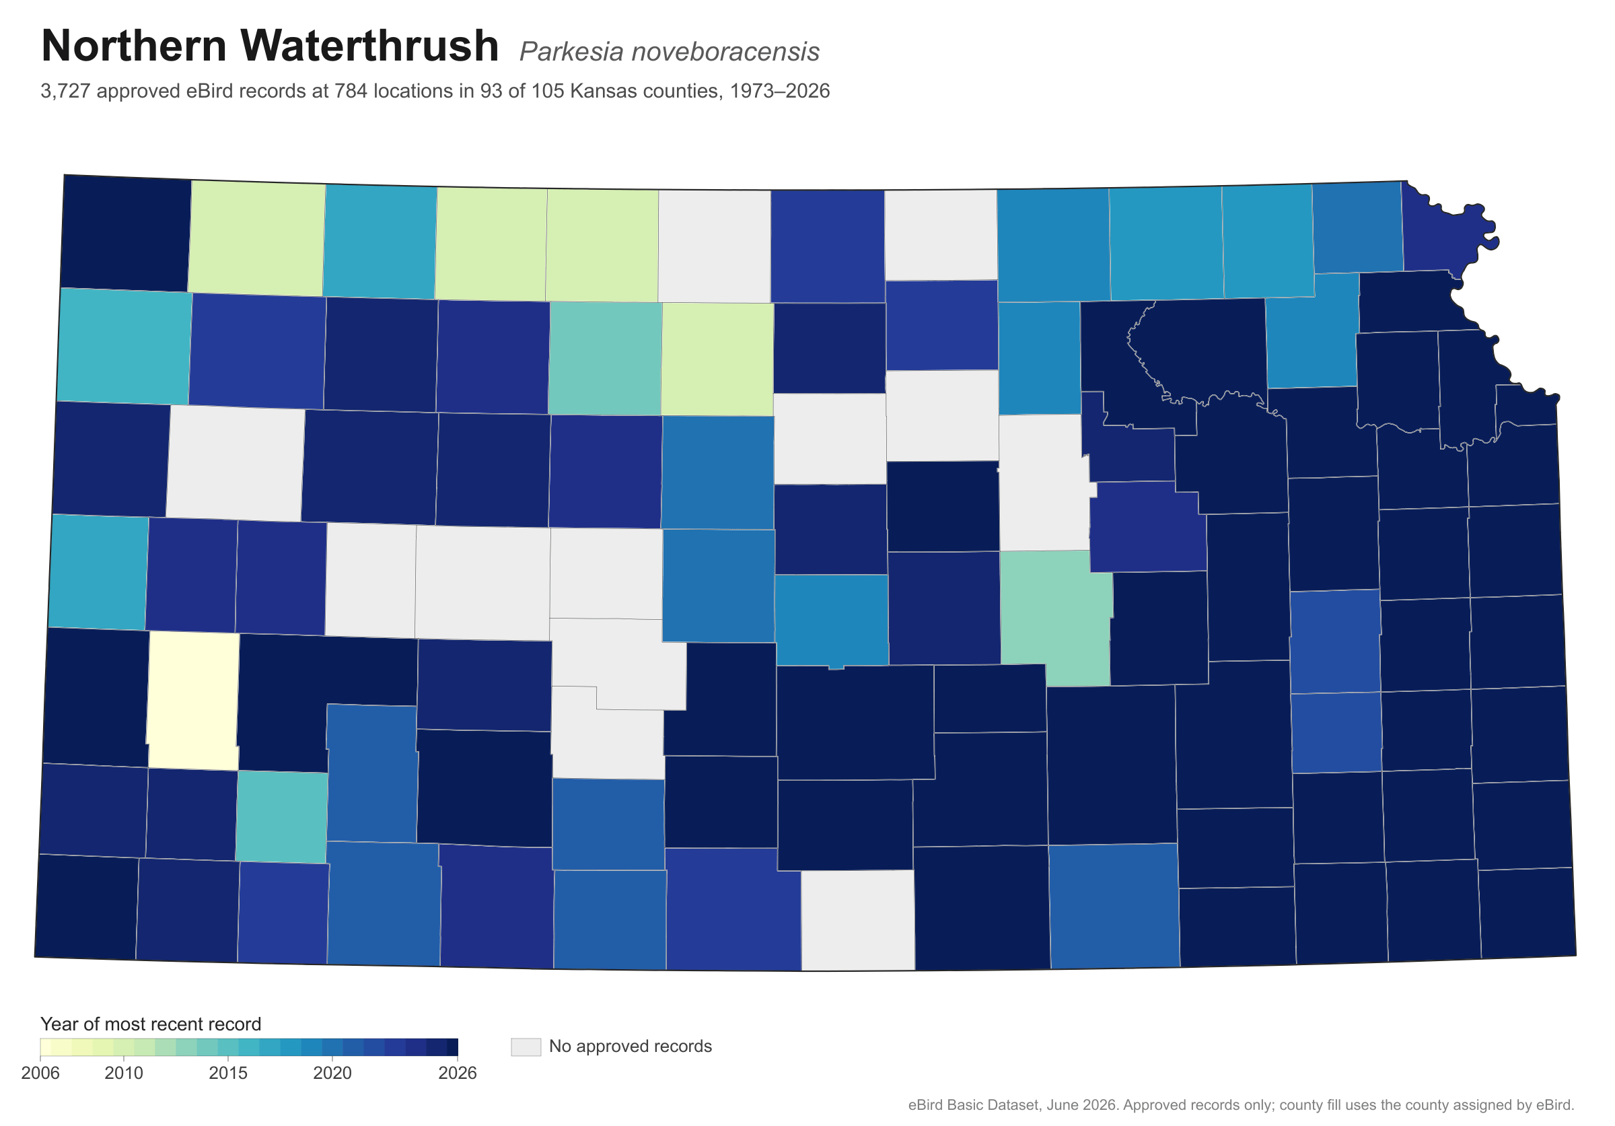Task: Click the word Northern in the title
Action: click(x=134, y=46)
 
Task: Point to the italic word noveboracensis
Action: click(x=725, y=52)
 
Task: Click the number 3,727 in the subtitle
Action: click(x=66, y=92)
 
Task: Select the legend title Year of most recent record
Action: click(x=151, y=1024)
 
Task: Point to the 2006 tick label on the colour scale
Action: click(x=41, y=1074)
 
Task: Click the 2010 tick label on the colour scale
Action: click(x=124, y=1074)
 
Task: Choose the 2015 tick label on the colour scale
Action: click(x=229, y=1074)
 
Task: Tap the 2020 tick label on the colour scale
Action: click(x=332, y=1074)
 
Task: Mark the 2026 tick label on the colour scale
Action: click(x=458, y=1074)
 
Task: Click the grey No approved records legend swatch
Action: click(x=526, y=1047)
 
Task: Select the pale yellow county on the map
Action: click(x=192, y=701)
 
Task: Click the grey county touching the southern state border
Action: click(x=858, y=920)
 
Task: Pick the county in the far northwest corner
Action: click(x=126, y=233)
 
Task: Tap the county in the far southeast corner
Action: click(x=1527, y=913)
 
